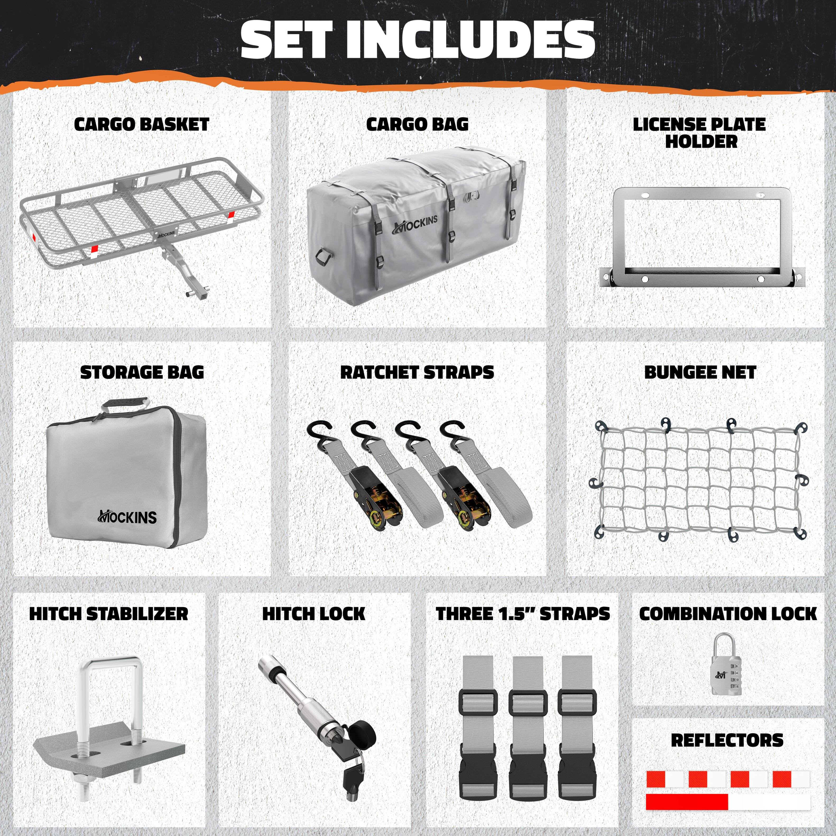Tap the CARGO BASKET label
coord(141,125)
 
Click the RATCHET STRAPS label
coord(417,372)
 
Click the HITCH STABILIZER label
coord(109,613)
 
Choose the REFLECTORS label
coord(727,740)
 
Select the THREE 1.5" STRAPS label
coord(523,613)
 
